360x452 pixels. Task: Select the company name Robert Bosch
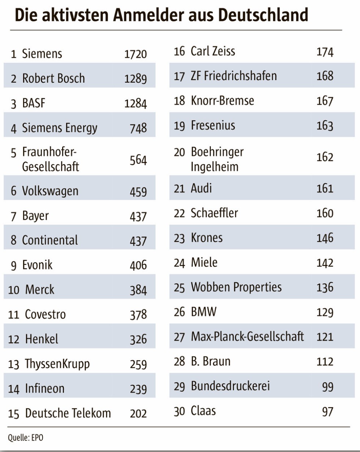(53, 78)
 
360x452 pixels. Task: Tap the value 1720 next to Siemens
(136, 54)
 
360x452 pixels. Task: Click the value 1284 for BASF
(136, 104)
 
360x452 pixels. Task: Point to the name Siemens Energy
(60, 128)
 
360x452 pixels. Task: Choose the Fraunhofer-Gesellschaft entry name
(50, 159)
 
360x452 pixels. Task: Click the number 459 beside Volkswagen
(138, 191)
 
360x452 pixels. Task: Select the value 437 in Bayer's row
(138, 216)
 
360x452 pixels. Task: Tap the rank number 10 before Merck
(14, 290)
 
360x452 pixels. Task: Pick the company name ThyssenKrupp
(57, 364)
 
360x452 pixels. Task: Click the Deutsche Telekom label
(68, 413)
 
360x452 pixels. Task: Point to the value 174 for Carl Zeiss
(325, 52)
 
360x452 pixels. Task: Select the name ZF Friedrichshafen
(234, 76)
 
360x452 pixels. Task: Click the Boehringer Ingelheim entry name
(217, 159)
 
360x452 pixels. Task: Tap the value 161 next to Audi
(325, 189)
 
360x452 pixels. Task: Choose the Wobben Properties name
(236, 287)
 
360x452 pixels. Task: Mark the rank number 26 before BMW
(179, 312)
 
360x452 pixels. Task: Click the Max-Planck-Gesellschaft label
(247, 336)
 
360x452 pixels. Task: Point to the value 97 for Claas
(327, 412)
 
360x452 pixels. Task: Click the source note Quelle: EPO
(26, 438)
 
